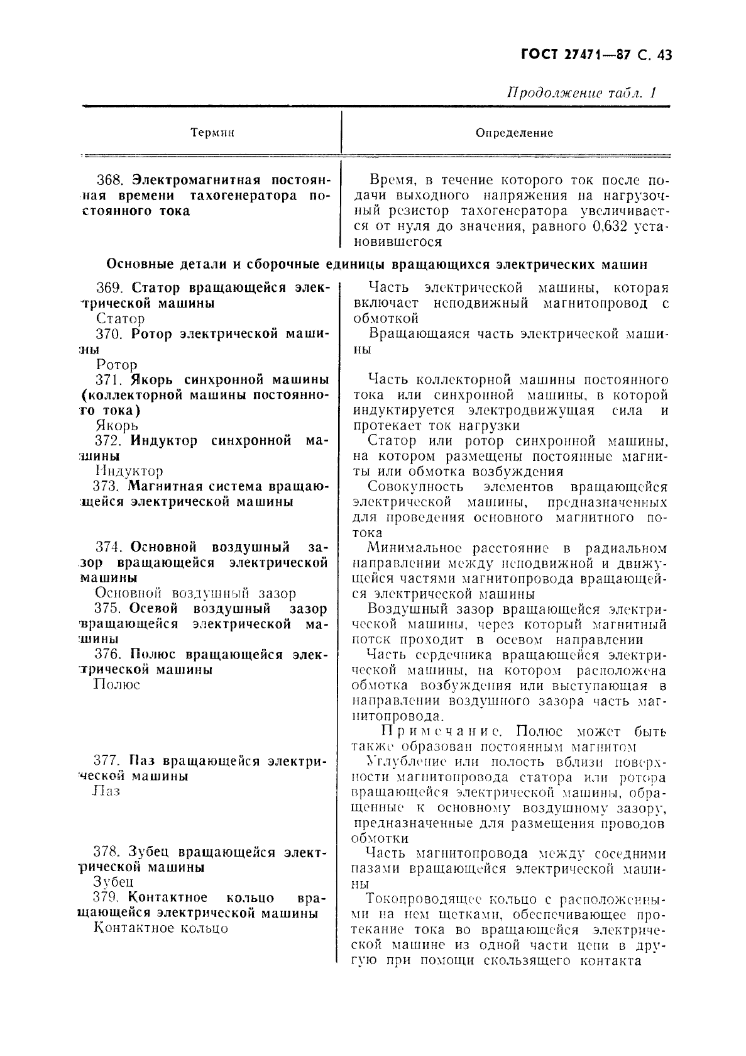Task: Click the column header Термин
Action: [212, 133]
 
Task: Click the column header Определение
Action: [514, 133]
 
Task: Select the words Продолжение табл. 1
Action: [582, 93]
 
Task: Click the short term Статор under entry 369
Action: [121, 318]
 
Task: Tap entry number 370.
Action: [111, 334]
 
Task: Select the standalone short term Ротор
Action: [117, 364]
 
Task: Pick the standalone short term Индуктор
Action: [129, 471]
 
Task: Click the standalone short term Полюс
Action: [116, 684]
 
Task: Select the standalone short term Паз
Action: [106, 791]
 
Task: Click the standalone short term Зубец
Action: [114, 882]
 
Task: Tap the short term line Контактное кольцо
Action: [160, 928]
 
